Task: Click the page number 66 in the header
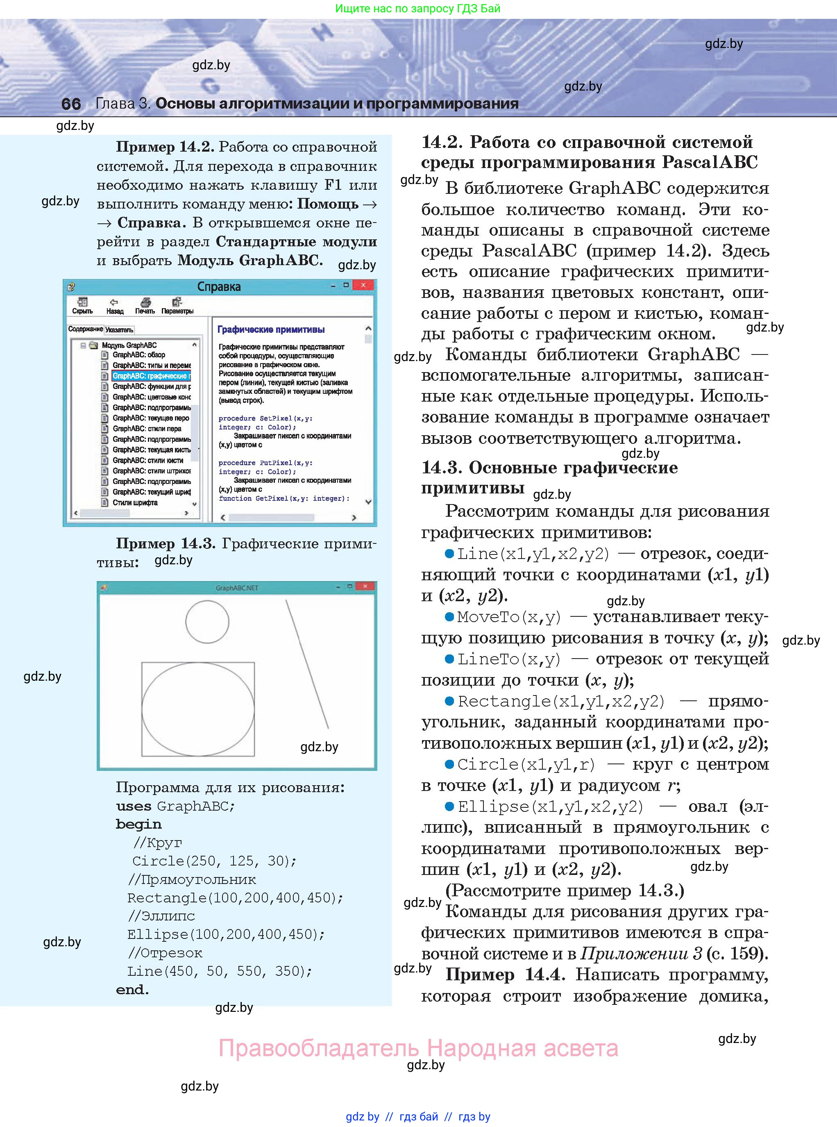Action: point(71,104)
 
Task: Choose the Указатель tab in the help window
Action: point(120,330)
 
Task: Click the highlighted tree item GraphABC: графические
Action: point(151,376)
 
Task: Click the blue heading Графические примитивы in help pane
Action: point(271,329)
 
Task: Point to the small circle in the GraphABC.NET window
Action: point(207,622)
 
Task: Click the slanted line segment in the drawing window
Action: point(307,664)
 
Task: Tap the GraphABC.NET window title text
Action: point(237,588)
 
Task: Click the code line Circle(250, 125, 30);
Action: point(214,861)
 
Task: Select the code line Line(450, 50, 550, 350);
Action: point(219,971)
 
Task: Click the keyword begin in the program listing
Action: point(138,825)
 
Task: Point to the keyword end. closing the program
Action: point(132,990)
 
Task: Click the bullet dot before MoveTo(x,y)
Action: point(449,617)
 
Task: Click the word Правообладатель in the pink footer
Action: point(319,1047)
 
